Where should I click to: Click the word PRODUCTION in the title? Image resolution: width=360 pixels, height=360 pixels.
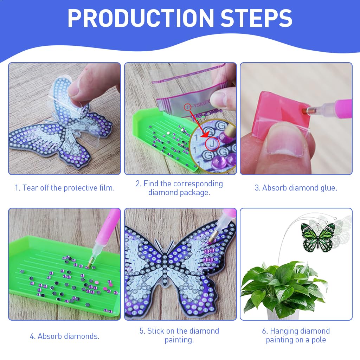[x=141, y=18]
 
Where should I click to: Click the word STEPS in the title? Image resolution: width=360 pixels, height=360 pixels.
[x=256, y=18]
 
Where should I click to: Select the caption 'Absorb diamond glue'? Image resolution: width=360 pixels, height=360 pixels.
[x=300, y=188]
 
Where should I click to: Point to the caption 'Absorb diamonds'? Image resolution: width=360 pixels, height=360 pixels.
[x=68, y=336]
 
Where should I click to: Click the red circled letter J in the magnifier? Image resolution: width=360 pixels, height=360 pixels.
[x=212, y=144]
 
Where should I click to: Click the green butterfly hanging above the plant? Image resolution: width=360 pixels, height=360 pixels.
[x=318, y=237]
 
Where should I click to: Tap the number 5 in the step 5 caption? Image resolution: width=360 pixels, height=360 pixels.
[x=142, y=331]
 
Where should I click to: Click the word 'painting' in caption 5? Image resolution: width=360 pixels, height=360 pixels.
[x=179, y=340]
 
